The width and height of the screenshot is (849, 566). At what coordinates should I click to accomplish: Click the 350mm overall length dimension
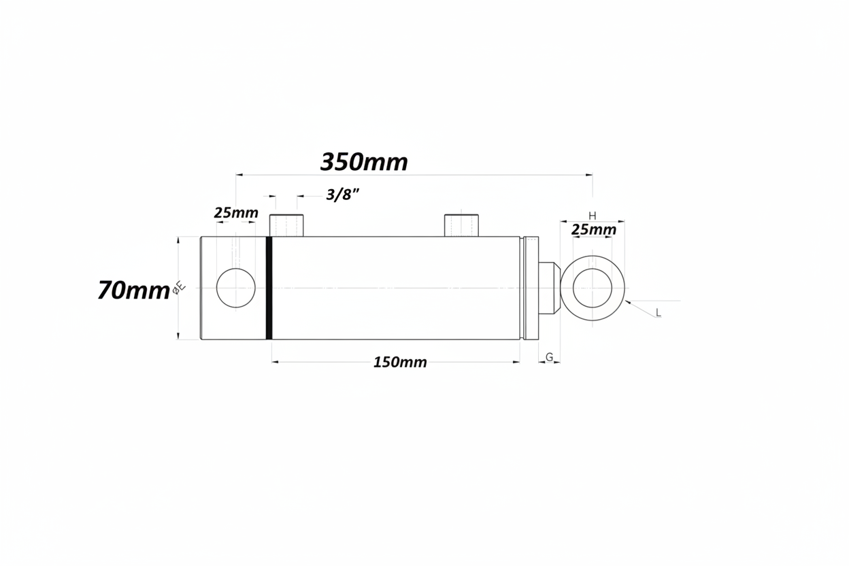pos(364,162)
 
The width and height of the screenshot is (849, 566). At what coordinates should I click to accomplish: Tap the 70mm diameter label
pos(133,290)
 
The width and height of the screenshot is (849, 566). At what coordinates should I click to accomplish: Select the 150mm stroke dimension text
pos(400,363)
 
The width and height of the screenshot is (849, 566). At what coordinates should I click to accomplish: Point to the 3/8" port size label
pos(342,195)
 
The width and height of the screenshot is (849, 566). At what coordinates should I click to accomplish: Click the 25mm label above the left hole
pos(236,213)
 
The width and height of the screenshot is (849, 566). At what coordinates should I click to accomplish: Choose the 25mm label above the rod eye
pos(593,229)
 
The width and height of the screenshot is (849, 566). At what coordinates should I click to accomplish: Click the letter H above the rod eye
pos(592,216)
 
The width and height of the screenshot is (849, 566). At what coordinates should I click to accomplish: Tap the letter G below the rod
pos(549,356)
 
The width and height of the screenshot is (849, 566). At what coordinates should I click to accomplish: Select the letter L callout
pos(659,313)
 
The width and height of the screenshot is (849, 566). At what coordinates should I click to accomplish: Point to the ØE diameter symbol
pos(180,288)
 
